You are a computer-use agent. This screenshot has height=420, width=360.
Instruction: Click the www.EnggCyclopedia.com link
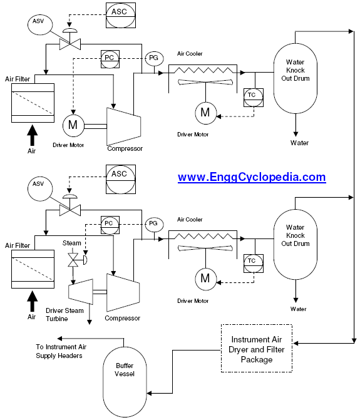click(252, 177)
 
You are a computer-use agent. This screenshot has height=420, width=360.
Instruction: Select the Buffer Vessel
click(125, 382)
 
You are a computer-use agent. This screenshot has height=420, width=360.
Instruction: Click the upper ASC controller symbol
click(121, 15)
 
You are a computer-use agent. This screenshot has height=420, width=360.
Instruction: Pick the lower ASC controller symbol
click(121, 179)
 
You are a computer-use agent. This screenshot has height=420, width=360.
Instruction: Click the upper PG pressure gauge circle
click(154, 58)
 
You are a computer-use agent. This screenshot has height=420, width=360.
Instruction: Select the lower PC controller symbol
click(110, 225)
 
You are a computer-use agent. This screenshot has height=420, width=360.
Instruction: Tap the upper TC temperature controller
click(254, 98)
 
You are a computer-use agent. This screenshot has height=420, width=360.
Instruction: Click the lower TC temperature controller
click(254, 264)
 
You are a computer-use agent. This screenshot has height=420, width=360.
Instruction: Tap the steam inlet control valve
click(73, 260)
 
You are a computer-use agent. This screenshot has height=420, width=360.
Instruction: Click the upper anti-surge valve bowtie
click(70, 44)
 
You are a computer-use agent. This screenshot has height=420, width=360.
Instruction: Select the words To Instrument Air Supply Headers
click(61, 351)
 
